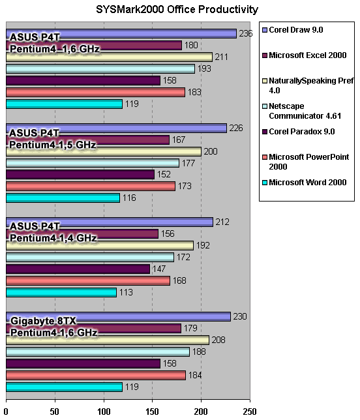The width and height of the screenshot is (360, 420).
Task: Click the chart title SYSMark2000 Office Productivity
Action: [177, 10]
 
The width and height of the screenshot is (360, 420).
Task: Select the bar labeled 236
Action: [121, 34]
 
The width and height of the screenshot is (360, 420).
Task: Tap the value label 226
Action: [236, 128]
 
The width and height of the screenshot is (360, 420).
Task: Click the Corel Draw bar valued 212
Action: [110, 222]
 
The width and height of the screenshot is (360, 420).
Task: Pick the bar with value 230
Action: [118, 316]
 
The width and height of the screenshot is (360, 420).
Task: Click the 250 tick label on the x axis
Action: [250, 411]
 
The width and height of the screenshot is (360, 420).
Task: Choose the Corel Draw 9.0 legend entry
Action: [292, 30]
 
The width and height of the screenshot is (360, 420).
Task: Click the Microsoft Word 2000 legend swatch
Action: [265, 183]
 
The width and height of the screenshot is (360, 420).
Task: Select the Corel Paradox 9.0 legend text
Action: [302, 132]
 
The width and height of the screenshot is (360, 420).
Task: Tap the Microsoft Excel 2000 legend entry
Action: [305, 55]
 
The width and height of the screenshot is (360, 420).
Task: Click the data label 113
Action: [126, 292]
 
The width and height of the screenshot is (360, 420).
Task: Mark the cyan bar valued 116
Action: [63, 198]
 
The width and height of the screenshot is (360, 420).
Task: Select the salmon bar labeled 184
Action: [96, 375]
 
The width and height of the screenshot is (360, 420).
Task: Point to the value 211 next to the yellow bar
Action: [221, 57]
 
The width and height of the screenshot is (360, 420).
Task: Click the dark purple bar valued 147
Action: [78, 269]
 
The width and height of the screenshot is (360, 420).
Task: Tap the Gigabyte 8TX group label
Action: [43, 321]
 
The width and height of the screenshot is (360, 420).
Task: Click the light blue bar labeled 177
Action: [93, 163]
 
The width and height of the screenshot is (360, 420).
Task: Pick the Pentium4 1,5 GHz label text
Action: [52, 145]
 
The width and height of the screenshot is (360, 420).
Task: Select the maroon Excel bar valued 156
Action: [82, 234]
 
